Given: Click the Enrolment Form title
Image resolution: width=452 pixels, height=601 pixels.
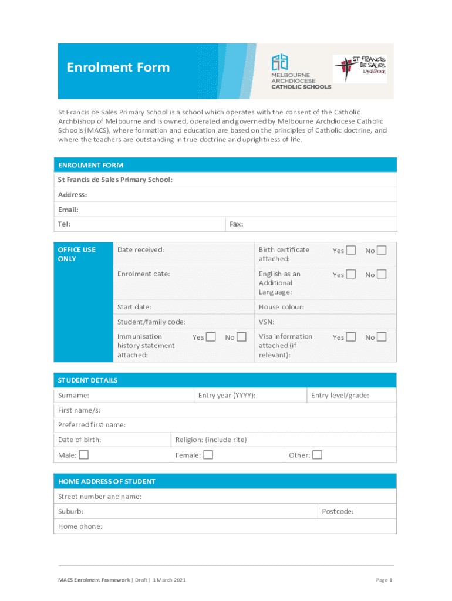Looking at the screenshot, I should [x=118, y=67].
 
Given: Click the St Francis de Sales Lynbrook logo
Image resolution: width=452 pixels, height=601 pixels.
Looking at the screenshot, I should [x=360, y=69].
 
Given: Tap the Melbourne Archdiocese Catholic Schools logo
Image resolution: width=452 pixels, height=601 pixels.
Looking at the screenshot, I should [x=301, y=71].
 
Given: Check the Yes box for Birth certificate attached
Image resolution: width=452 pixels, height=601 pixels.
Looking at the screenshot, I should [x=350, y=251].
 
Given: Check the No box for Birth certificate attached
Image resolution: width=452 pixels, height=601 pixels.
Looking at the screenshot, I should [x=382, y=251].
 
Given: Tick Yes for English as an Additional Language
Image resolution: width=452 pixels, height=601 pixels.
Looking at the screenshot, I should [x=350, y=274].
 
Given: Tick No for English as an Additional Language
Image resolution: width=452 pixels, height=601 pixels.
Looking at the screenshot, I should [x=382, y=274].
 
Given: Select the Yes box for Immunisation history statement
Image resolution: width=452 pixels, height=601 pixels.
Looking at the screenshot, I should [x=211, y=337].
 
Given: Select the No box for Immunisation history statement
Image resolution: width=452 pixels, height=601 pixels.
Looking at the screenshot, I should [x=241, y=337].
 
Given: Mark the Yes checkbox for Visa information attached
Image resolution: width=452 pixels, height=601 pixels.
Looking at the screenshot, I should [x=350, y=337].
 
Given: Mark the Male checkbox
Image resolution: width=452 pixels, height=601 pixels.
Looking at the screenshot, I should [x=84, y=455].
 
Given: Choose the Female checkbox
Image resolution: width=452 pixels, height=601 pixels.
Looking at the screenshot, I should [x=208, y=455].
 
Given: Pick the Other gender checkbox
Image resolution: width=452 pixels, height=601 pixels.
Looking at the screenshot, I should [x=317, y=455].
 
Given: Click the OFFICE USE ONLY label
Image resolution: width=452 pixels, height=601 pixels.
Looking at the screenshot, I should [x=76, y=254].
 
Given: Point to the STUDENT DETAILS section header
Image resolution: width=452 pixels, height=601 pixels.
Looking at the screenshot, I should [x=87, y=380].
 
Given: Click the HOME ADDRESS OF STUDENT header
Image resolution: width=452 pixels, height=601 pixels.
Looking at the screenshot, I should [x=106, y=481].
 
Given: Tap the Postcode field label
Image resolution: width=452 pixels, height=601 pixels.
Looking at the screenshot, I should [x=338, y=512].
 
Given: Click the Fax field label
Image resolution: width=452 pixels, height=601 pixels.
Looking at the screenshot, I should [x=236, y=224].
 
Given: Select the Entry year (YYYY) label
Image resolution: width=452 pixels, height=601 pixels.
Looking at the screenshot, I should [x=227, y=396].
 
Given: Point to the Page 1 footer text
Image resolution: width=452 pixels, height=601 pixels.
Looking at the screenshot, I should [x=383, y=580].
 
